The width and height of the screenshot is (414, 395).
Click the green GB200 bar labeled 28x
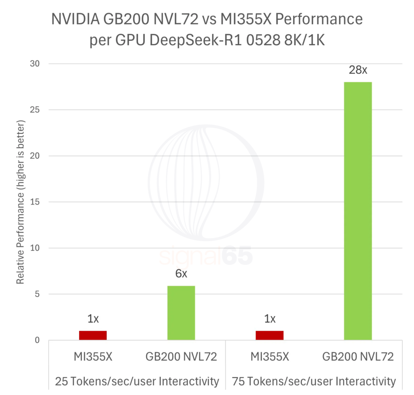click(x=358, y=210)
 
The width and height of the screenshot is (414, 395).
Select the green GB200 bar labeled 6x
click(x=181, y=312)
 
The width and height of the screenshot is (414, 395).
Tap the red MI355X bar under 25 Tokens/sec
click(x=93, y=335)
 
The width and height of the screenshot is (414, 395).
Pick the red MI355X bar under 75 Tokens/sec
click(x=270, y=335)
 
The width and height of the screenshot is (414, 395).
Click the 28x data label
click(x=358, y=70)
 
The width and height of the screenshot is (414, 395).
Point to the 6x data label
click(x=181, y=274)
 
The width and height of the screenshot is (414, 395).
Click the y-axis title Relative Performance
click(x=21, y=202)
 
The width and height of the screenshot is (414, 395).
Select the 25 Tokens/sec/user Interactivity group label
click(x=137, y=381)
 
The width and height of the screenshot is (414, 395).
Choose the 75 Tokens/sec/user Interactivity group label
click(x=314, y=381)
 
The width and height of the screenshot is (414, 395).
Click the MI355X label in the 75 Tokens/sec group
click(x=270, y=357)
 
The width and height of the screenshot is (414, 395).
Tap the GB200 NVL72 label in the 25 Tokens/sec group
click(x=181, y=357)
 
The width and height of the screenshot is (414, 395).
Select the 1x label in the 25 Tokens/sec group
click(x=93, y=319)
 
